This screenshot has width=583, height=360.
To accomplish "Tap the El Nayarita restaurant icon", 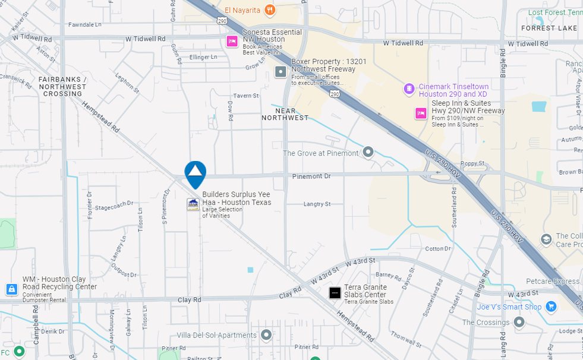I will [x=270, y=10].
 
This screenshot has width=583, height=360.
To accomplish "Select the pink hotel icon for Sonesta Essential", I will [x=232, y=41].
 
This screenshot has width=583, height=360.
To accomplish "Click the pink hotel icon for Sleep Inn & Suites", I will [x=421, y=113].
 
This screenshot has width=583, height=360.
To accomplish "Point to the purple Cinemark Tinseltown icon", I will [x=409, y=89].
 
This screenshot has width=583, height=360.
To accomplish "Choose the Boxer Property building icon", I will [x=281, y=72].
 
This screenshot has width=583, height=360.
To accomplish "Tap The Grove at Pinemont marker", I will [x=368, y=153].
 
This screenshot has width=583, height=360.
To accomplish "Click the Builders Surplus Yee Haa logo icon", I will [x=193, y=204].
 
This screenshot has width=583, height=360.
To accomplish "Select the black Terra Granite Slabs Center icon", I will [x=335, y=292].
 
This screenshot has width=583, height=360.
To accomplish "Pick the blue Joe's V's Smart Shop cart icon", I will [x=552, y=307].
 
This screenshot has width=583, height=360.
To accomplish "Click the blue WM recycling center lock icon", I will [x=12, y=289].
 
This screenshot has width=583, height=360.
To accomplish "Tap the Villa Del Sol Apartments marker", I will [x=266, y=335].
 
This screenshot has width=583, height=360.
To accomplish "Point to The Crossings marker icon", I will [x=519, y=322].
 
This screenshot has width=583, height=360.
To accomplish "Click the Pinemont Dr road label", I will [x=311, y=176].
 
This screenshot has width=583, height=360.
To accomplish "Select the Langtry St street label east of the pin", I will [x=317, y=204].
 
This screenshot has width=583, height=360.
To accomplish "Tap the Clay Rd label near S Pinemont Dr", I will [x=189, y=300].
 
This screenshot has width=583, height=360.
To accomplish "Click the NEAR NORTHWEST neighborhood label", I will [x=285, y=114].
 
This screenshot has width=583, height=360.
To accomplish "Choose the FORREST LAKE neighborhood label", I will [x=549, y=28].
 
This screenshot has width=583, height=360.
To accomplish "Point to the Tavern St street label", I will [x=246, y=96].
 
